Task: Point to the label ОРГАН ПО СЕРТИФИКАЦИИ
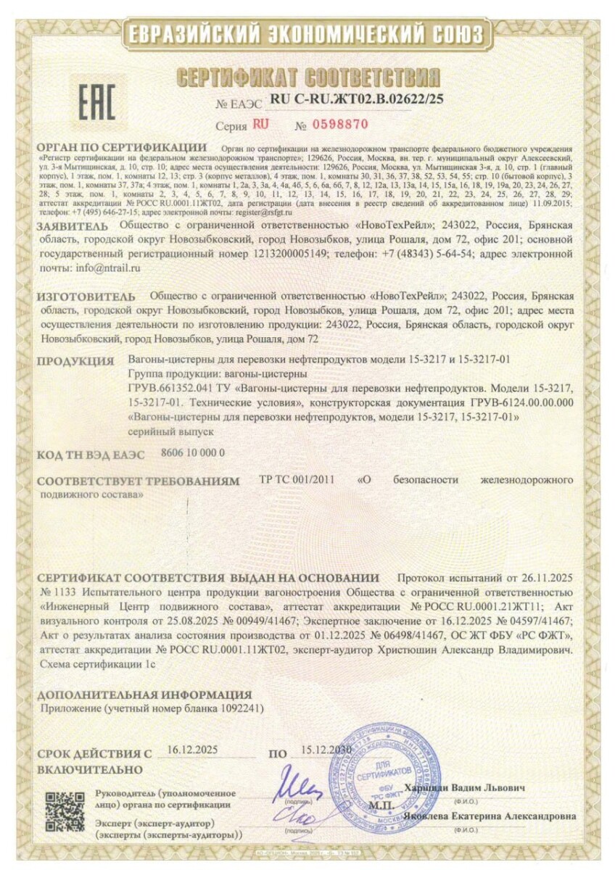(x=121, y=148)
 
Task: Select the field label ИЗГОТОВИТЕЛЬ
(x=86, y=297)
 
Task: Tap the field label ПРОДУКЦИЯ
(x=75, y=361)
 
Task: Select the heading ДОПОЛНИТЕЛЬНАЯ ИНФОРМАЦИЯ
(x=144, y=695)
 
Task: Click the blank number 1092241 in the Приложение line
(x=239, y=708)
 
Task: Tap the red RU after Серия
(x=260, y=124)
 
